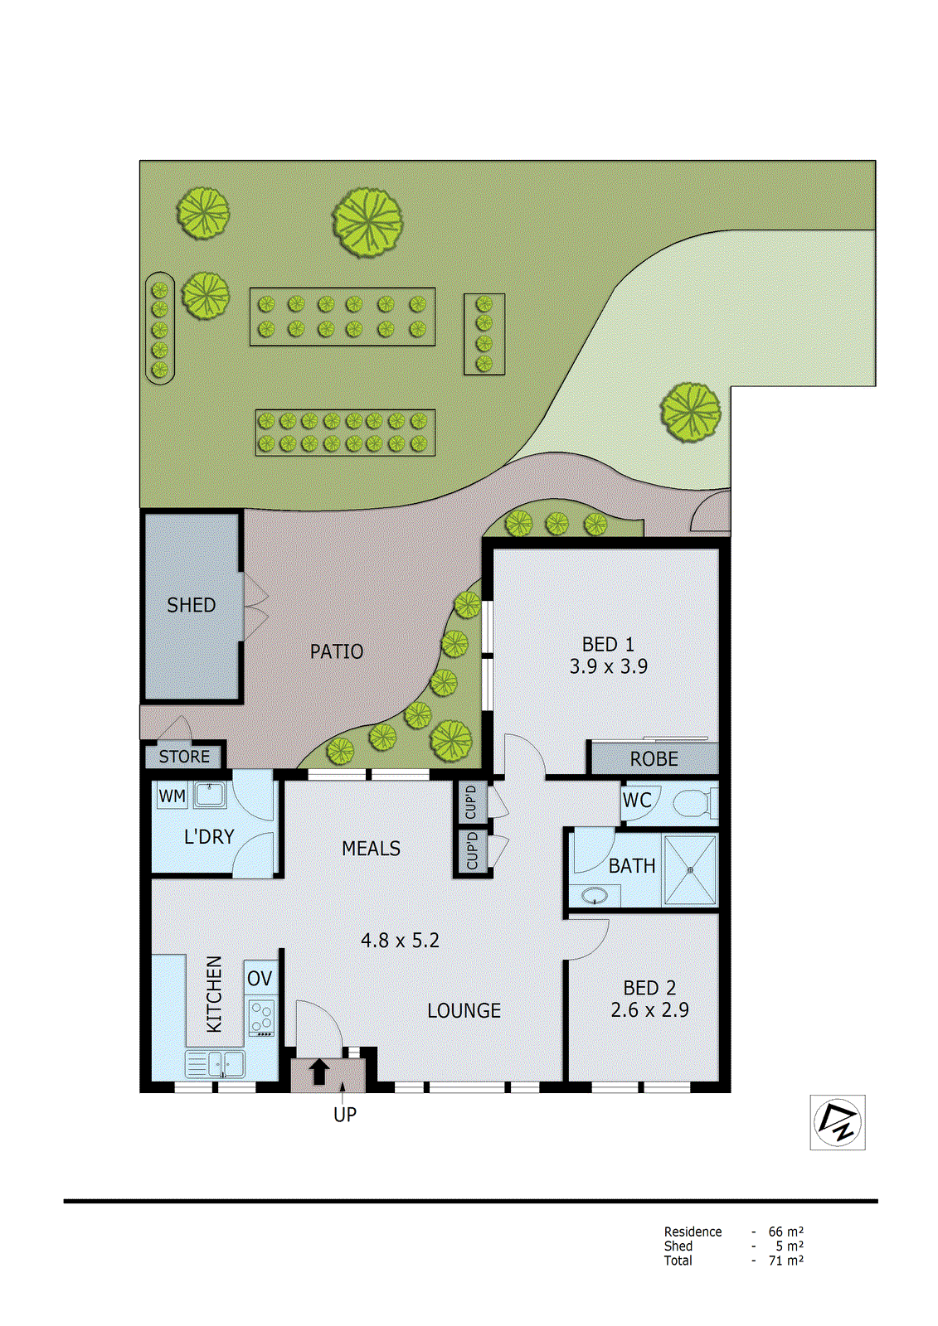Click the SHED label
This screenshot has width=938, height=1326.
pyautogui.click(x=192, y=605)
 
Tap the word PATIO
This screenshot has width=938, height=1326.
pyautogui.click(x=337, y=651)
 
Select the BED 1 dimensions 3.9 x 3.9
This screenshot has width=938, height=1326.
pyautogui.click(x=609, y=666)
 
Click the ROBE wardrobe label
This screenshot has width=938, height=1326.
pyautogui.click(x=654, y=758)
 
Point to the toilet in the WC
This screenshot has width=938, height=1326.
pyautogui.click(x=693, y=803)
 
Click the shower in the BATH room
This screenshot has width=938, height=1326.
pyautogui.click(x=689, y=869)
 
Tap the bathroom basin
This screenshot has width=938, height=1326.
pyautogui.click(x=594, y=895)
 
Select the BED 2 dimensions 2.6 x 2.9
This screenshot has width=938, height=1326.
pyautogui.click(x=649, y=1009)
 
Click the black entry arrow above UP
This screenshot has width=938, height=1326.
pyautogui.click(x=319, y=1072)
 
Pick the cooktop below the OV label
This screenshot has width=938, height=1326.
pyautogui.click(x=261, y=1018)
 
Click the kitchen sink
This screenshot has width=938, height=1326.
pyautogui.click(x=216, y=1063)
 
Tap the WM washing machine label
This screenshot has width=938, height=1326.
pyautogui.click(x=172, y=796)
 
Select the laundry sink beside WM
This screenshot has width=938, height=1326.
pyautogui.click(x=210, y=795)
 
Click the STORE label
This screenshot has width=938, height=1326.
pyautogui.click(x=184, y=756)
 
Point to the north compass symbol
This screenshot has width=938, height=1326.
pyautogui.click(x=838, y=1123)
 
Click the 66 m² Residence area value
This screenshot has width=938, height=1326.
pyautogui.click(x=785, y=1232)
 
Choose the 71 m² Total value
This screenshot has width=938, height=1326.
pyautogui.click(x=785, y=1261)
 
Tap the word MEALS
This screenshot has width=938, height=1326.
pyautogui.click(x=371, y=848)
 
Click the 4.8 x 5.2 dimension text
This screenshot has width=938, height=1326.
pyautogui.click(x=400, y=940)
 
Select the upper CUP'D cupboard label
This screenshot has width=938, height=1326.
pyautogui.click(x=471, y=801)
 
